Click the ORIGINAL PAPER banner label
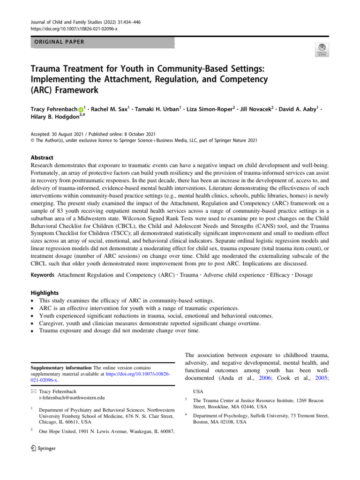[x=56, y=42]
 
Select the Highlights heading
[x=42, y=292]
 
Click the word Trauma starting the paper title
[x=47, y=68]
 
